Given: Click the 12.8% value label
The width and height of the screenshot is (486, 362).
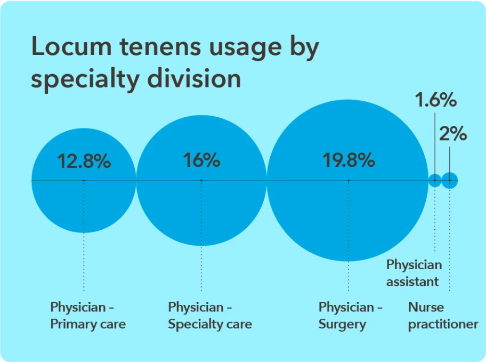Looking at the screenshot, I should point(84,161).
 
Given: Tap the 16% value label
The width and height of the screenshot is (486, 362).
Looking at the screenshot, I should point(201,160).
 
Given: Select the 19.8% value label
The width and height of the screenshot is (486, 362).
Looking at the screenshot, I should point(349,160).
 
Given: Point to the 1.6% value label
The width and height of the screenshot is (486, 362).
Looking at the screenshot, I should point(436,100).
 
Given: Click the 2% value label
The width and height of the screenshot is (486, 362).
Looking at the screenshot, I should point(453,134).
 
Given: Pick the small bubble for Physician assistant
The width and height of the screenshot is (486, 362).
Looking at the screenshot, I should point(435,181).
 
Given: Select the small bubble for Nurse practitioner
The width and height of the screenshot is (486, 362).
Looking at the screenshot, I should point(450,181).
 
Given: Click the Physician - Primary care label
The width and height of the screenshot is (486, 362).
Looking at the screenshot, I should point(88,316).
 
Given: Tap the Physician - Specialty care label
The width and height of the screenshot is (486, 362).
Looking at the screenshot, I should point(209,316).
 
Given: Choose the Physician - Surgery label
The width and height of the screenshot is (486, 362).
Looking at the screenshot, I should point(350,316).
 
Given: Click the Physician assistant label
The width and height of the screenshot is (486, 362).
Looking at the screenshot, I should point(414,273).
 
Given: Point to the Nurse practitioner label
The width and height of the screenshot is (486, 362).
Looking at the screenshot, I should point(443,316).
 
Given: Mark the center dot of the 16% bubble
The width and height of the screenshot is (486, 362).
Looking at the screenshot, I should point(201,181).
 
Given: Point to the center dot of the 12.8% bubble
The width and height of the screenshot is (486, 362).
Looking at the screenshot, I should point(84,181).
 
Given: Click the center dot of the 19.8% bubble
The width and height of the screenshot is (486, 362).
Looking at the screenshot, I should point(348,181).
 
